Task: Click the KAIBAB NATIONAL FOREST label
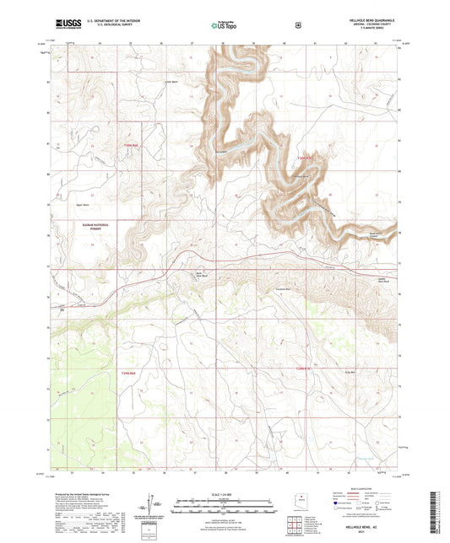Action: pyautogui.click(x=67, y=226)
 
